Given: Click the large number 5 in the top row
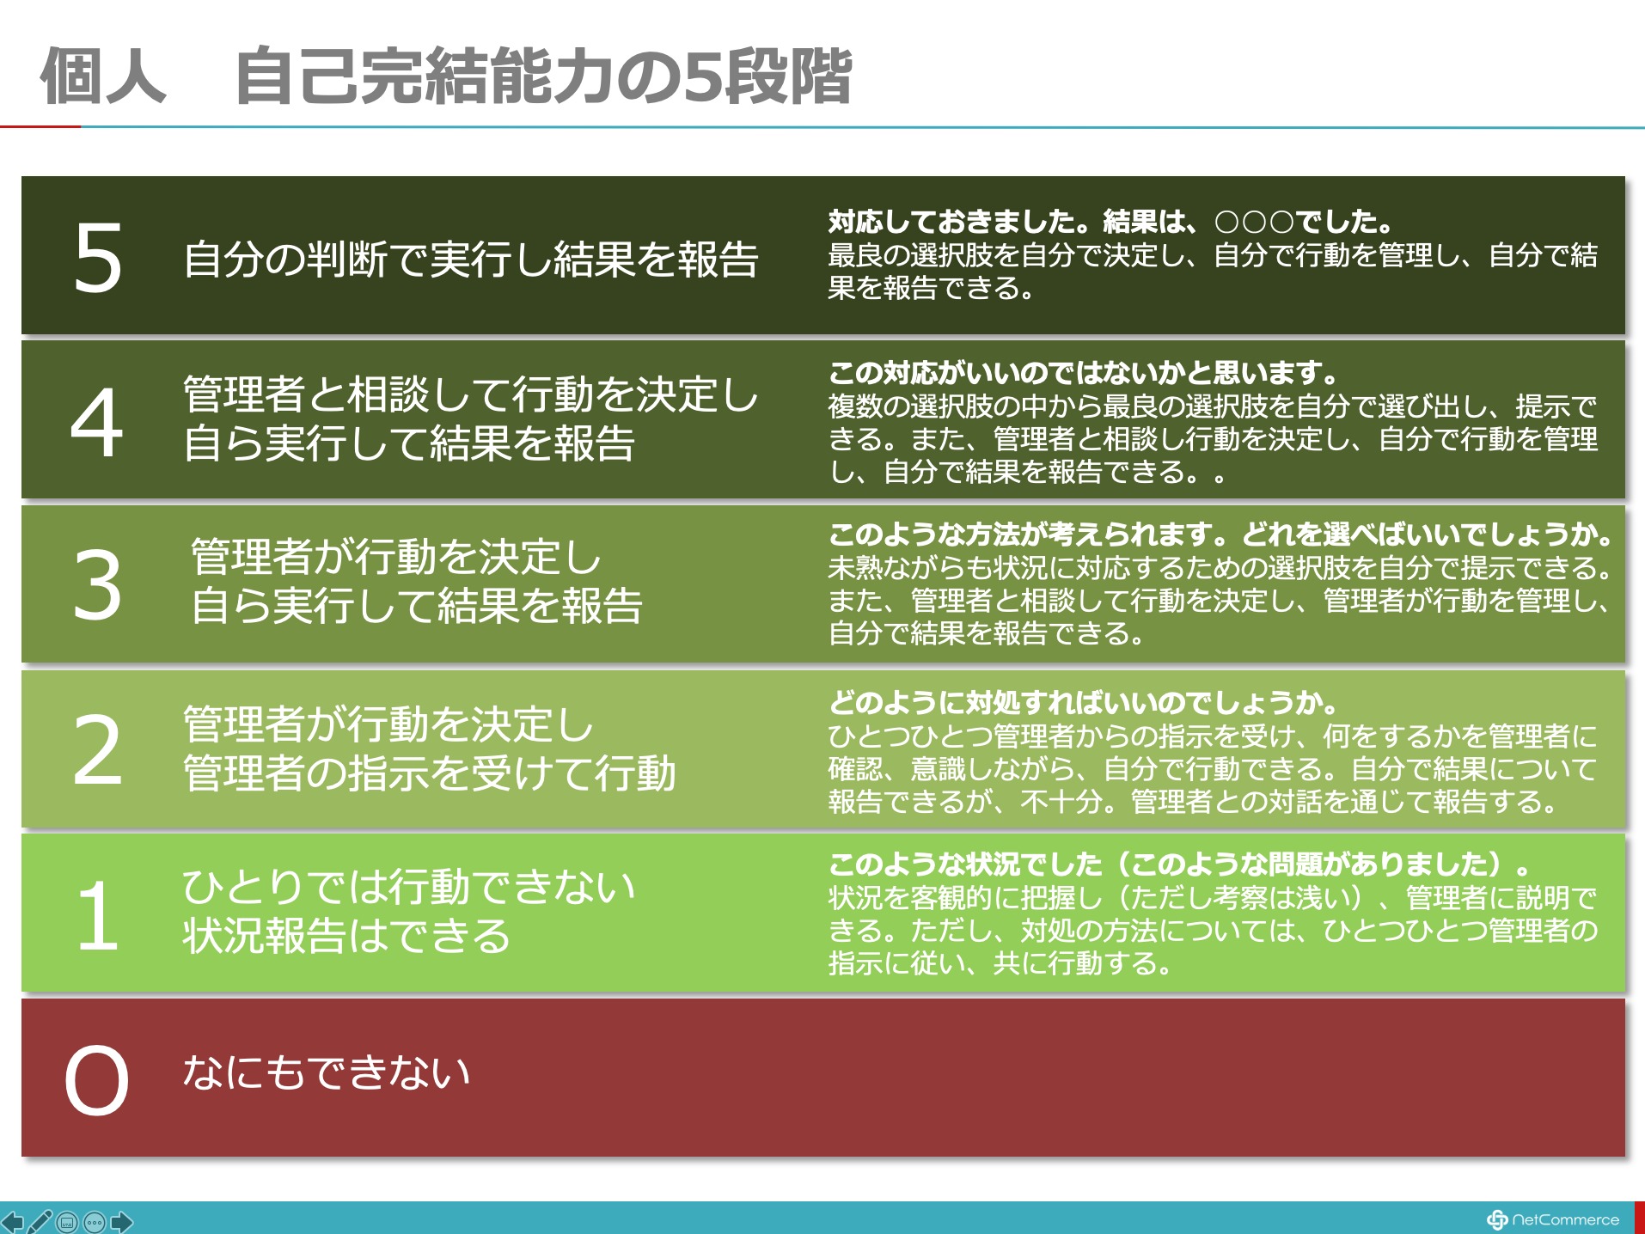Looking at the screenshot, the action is point(98,257).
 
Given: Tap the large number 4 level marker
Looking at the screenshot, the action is point(96,422).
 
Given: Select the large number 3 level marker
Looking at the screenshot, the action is point(97,585).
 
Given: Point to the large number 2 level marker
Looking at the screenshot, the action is point(97,750).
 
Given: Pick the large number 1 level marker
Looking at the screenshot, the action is point(98,916).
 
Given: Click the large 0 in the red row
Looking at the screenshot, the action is point(96,1080).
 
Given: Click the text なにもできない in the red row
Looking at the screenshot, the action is point(327,1072).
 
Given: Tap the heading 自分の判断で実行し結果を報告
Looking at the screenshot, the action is point(471,259).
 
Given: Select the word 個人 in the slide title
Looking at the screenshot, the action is point(103,76).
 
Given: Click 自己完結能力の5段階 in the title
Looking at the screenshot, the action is point(543,76).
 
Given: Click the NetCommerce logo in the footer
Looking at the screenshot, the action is point(1552,1219).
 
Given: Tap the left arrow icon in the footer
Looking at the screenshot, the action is point(12,1221).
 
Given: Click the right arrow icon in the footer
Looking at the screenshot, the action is point(122,1221).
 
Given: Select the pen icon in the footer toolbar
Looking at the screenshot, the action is point(40,1221).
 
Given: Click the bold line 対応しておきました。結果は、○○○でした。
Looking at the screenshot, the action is point(1110,222).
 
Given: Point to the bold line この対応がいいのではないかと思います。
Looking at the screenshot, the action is point(1084,373).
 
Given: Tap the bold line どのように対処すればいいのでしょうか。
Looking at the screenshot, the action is point(1084,703).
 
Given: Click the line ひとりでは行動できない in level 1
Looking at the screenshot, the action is point(409,887).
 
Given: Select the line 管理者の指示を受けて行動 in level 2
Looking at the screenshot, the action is point(430,773).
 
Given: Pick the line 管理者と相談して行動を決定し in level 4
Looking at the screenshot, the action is point(471,394).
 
